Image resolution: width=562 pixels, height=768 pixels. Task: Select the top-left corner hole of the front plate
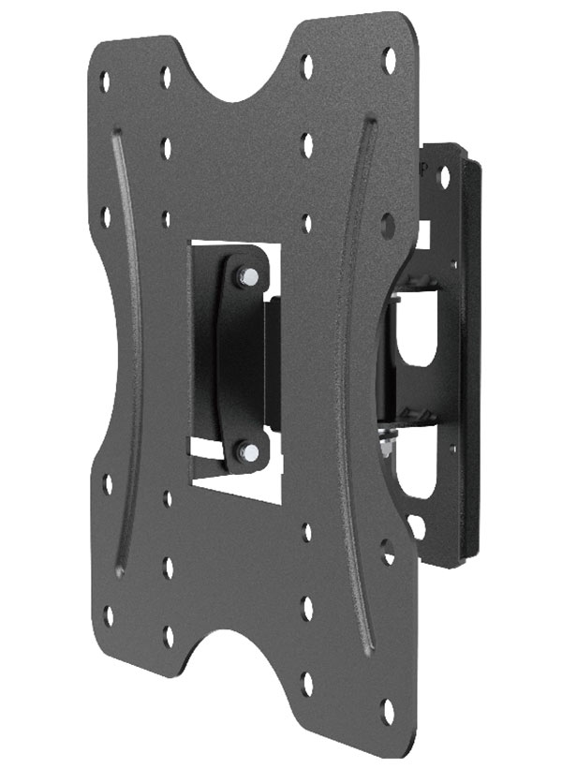106,79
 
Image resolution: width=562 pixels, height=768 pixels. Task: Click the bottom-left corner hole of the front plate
109,615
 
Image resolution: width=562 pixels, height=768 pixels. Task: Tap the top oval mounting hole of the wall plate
444,176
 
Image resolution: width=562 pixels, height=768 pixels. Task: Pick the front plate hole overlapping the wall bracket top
388,223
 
